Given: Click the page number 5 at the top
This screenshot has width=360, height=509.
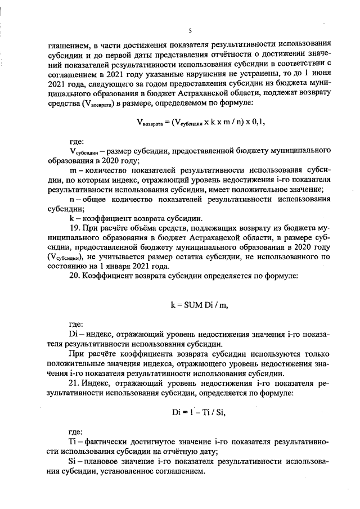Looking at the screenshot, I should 190,30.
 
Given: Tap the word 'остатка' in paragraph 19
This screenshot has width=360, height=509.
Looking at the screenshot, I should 202,257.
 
